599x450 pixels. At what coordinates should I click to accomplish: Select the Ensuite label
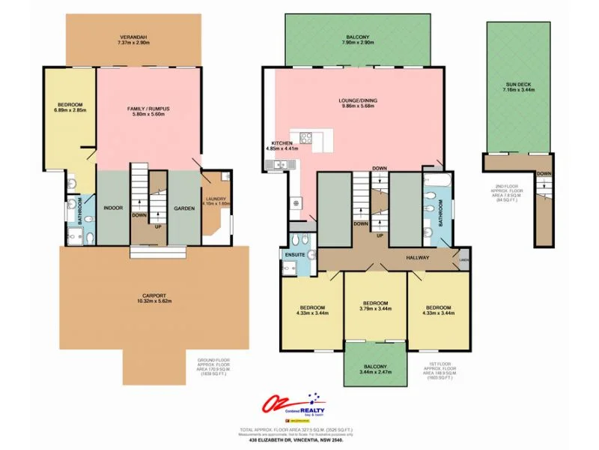[x=294, y=255]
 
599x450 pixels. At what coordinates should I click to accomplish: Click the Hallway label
[x=418, y=258]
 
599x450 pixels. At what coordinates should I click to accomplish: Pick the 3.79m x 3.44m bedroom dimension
[x=377, y=308]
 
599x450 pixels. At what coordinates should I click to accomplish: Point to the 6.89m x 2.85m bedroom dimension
[x=70, y=110]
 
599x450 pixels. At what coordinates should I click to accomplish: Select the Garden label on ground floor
[x=184, y=208]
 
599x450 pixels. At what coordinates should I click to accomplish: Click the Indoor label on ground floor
[x=113, y=208]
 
